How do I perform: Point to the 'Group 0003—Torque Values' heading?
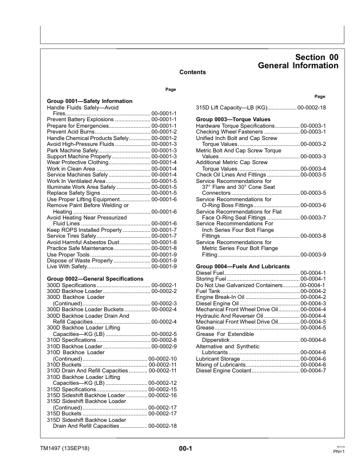pos(233,120)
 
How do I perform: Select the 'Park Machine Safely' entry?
pos(72,151)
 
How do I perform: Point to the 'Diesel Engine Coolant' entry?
pos(226,370)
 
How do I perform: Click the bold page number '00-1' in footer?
pos(186,449)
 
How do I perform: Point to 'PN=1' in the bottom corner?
pos(338,451)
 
